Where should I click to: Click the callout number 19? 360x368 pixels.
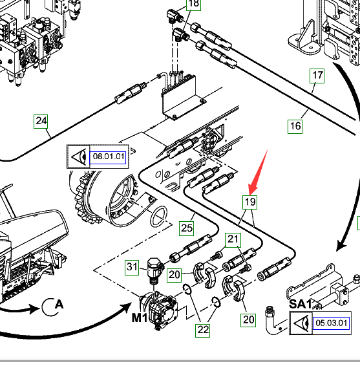[x=249, y=202]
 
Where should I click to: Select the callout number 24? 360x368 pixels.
[x=41, y=122]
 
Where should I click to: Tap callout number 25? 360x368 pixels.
[x=187, y=228]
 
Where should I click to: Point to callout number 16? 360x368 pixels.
[x=295, y=127]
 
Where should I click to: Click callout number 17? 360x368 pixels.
[x=317, y=76]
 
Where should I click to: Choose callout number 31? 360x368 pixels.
[x=132, y=267]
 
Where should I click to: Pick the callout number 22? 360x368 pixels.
[x=203, y=330]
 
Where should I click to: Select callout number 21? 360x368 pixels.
[x=233, y=240]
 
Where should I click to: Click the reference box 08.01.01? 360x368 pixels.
[x=108, y=157]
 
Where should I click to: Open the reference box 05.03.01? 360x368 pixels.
[x=331, y=323]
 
